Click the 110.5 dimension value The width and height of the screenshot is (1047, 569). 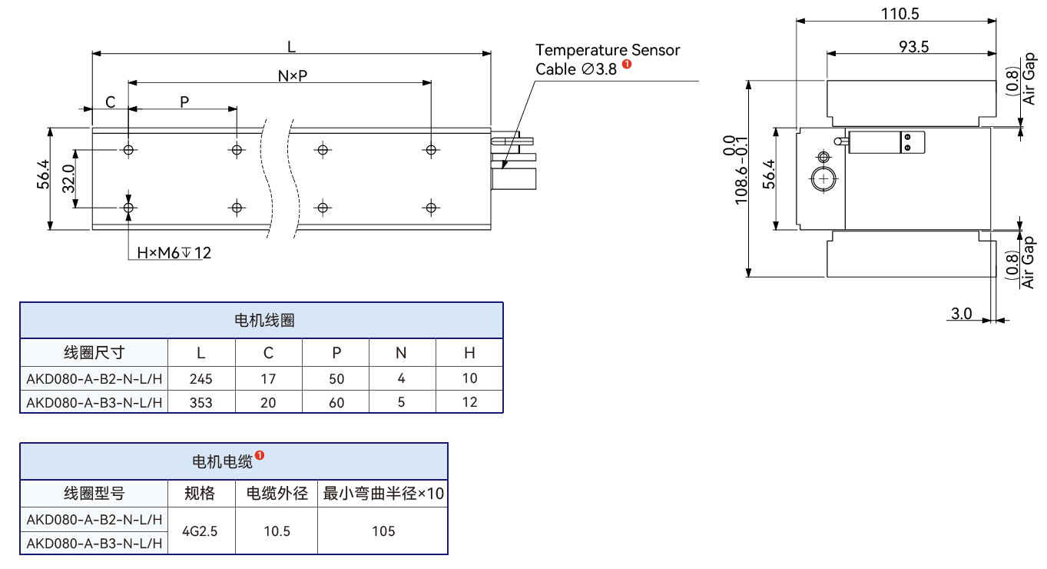pyautogui.click(x=900, y=14)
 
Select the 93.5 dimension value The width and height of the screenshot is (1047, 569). pyautogui.click(x=914, y=46)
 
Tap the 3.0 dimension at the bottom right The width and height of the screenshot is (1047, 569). pyautogui.click(x=962, y=313)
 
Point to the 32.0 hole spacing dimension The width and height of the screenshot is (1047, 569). pyautogui.click(x=68, y=178)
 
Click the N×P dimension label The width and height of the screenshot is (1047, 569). pyautogui.click(x=293, y=75)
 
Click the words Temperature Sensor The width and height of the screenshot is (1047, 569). pyautogui.click(x=608, y=50)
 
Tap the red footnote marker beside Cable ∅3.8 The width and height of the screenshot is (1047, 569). pyautogui.click(x=627, y=64)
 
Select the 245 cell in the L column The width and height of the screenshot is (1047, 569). pyautogui.click(x=201, y=378)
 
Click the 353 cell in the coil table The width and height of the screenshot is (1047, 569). pyautogui.click(x=201, y=402)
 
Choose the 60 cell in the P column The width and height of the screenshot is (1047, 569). pyautogui.click(x=336, y=402)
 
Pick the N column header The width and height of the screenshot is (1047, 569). pyautogui.click(x=401, y=353)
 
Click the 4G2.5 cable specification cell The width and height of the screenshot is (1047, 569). pyautogui.click(x=200, y=531)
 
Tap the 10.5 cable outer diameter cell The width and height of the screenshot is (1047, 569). pyautogui.click(x=277, y=531)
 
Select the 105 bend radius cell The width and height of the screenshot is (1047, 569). pyautogui.click(x=383, y=531)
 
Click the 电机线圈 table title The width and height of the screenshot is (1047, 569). pyautogui.click(x=264, y=321)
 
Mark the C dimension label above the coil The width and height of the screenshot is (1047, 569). pyautogui.click(x=111, y=102)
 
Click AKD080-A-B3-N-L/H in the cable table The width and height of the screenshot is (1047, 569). pyautogui.click(x=94, y=544)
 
